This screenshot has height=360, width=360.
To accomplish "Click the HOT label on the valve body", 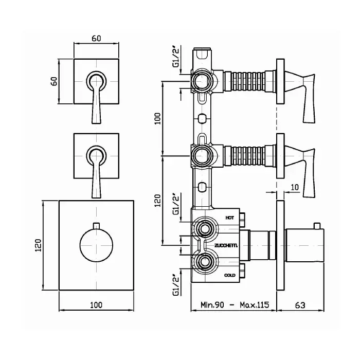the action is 229,218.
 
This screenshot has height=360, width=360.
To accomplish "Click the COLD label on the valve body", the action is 230,275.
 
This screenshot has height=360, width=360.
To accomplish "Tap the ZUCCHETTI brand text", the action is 226,246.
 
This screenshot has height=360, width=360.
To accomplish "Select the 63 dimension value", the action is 300,305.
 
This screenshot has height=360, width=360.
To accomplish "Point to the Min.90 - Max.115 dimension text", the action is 235,305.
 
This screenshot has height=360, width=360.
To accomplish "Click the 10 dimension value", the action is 295,187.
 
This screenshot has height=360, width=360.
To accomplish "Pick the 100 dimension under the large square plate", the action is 96,305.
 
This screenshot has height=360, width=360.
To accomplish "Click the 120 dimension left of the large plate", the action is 38,245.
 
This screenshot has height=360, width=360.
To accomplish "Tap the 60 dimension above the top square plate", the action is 96,39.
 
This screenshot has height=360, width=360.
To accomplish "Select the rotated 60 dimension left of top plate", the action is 54,81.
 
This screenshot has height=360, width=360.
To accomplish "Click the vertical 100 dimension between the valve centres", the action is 157,118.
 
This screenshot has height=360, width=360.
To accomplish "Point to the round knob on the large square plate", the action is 96,245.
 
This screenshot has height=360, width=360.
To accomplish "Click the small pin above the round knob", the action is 96,226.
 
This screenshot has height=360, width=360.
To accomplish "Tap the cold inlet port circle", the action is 204,262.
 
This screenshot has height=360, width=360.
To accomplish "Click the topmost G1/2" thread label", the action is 176,56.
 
